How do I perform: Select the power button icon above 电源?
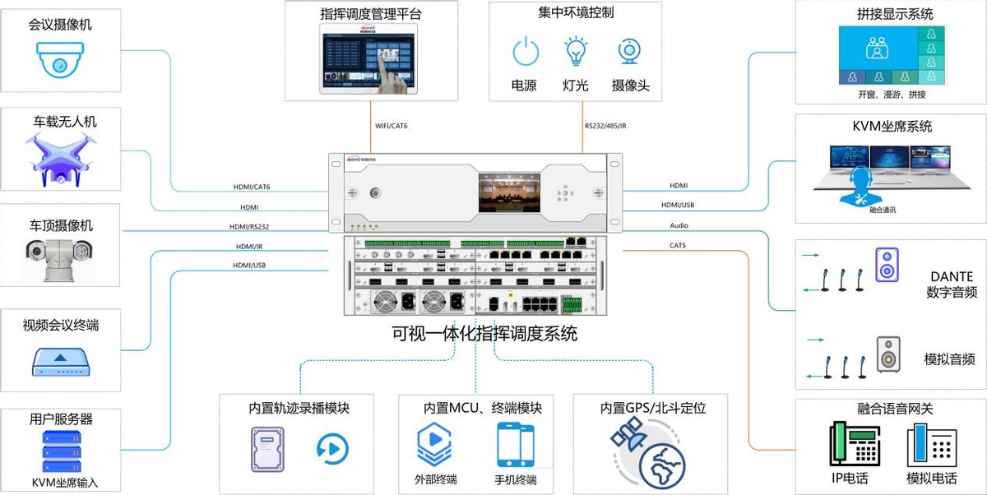pos(525,53)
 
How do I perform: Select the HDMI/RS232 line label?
pos(249,227)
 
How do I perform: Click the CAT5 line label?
pos(678,245)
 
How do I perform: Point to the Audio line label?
pos(679,224)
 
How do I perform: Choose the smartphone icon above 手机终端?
pos(516,445)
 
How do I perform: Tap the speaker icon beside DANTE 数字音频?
pos(886,265)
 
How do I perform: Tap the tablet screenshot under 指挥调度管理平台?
pos(369,61)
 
